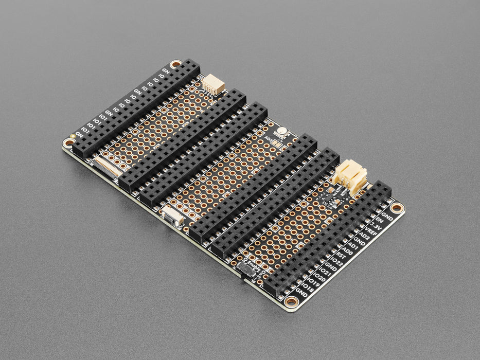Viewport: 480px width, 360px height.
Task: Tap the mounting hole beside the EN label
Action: point(397,208)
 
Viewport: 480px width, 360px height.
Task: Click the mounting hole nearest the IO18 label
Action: point(291,302)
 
